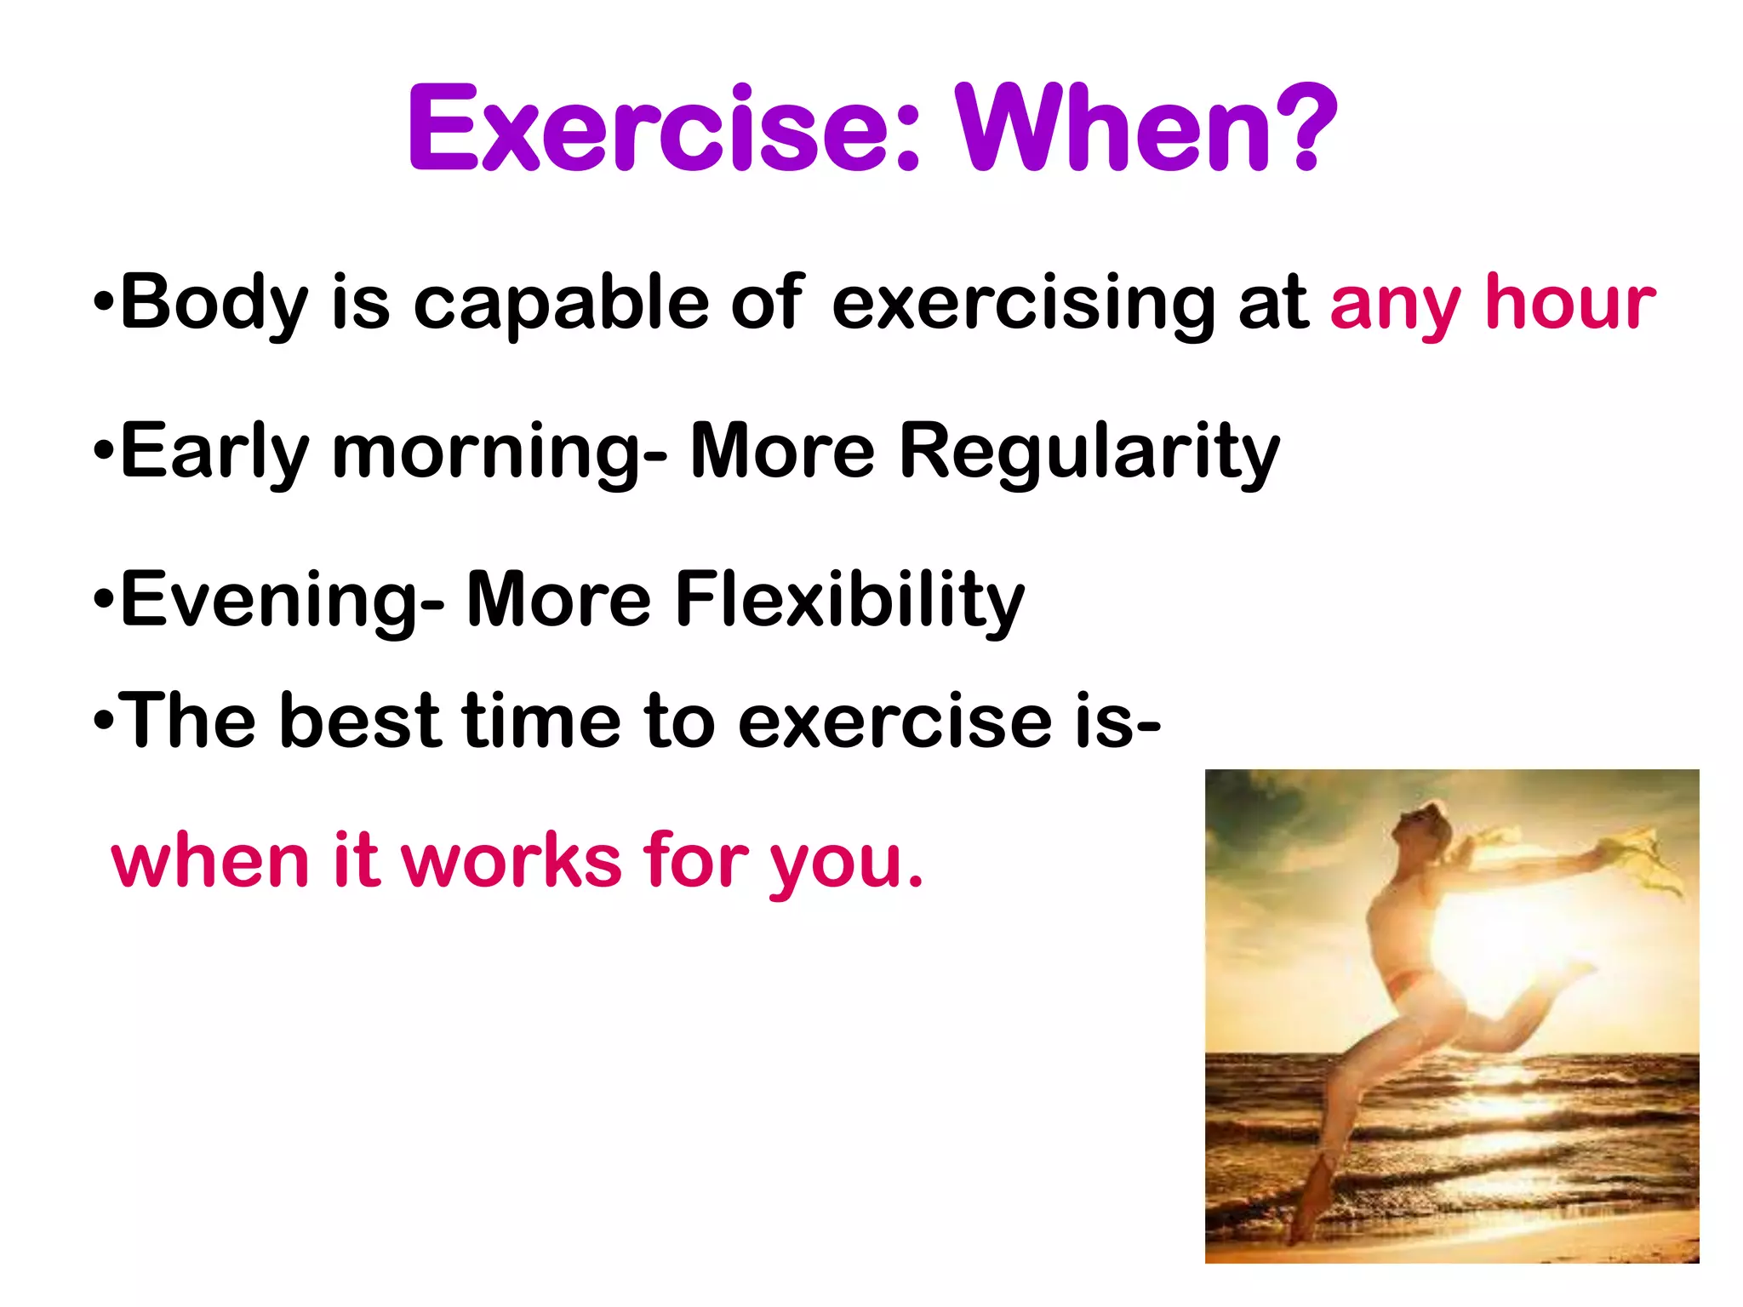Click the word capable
[x=561, y=304]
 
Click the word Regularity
[x=1089, y=453]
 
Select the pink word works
[x=511, y=861]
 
